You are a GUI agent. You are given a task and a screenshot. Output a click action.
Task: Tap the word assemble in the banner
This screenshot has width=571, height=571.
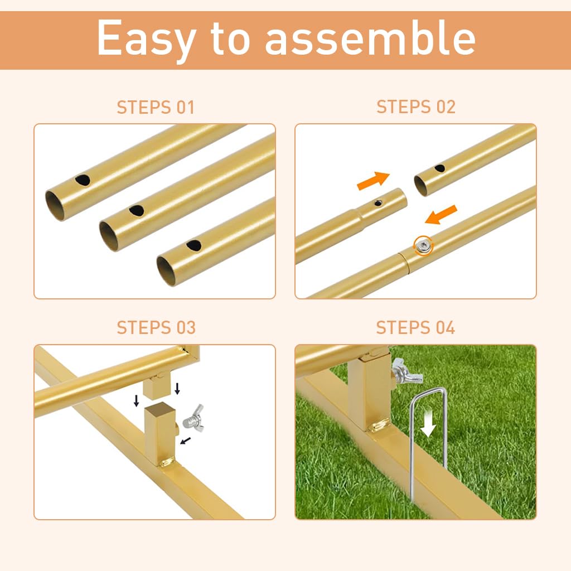[370, 37]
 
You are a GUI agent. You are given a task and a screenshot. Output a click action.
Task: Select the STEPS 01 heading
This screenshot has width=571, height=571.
[156, 108]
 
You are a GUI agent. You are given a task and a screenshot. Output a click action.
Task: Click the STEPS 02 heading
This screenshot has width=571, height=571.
[416, 107]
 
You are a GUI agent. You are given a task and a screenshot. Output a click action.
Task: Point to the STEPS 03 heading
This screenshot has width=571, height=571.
[156, 328]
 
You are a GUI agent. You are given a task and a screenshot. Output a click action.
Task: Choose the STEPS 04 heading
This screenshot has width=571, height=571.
[415, 328]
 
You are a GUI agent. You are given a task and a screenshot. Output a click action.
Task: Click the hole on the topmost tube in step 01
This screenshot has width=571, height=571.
[83, 180]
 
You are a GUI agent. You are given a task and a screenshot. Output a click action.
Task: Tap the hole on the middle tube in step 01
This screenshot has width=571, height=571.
[137, 210]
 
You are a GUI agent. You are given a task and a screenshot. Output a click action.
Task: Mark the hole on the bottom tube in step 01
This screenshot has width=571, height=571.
[193, 245]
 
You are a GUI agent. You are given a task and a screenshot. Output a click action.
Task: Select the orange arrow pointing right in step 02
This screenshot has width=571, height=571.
[373, 180]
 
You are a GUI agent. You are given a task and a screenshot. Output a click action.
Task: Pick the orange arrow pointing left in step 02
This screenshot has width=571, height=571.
[441, 215]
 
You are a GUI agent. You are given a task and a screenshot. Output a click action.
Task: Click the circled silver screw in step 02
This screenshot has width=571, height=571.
[424, 246]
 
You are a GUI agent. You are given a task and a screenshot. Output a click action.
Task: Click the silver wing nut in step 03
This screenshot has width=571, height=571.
[193, 419]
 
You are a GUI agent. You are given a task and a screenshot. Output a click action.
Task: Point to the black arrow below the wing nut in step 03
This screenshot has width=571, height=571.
[186, 441]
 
